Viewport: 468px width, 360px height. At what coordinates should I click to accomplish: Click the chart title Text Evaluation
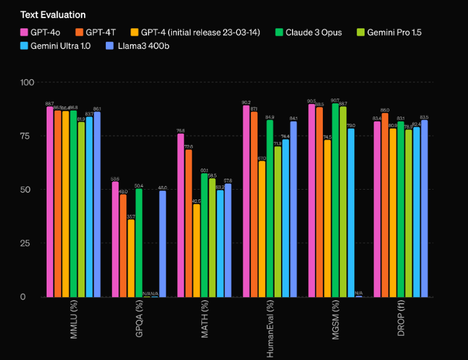pos(53,14)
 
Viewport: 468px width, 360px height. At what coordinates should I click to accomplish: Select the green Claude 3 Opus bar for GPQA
pos(139,242)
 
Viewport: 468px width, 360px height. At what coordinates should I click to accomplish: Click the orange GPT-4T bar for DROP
pos(385,205)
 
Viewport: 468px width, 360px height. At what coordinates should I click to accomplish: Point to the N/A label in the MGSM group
pos(359,292)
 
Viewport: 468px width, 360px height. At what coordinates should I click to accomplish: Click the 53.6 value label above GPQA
pos(115,179)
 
